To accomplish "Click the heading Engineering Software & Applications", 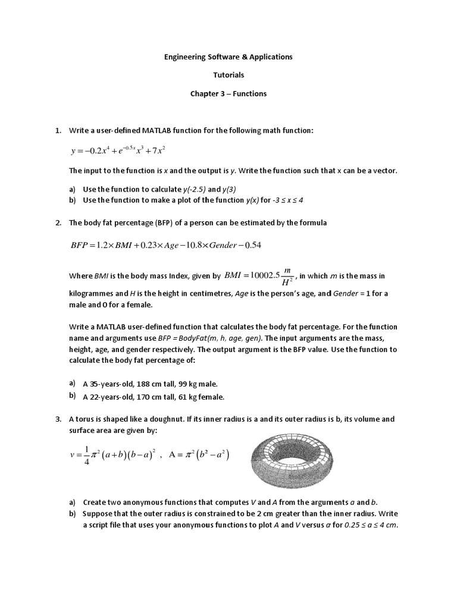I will (x=228, y=57).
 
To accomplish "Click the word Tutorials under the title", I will (x=228, y=76).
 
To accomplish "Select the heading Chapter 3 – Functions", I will (x=228, y=94).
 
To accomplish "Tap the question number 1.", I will (x=58, y=131).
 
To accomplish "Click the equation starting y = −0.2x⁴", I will (x=118, y=150).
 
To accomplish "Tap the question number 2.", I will (x=58, y=223).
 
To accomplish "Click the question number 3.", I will (x=58, y=419).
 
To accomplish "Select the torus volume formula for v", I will (x=113, y=456).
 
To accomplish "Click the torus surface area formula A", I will (x=199, y=456).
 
